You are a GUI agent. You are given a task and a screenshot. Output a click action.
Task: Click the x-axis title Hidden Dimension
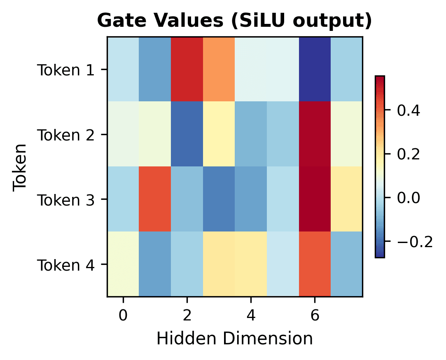click(x=234, y=339)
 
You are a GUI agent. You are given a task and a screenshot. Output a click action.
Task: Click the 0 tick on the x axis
click(x=123, y=316)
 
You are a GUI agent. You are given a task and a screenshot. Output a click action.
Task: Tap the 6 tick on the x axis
click(x=315, y=316)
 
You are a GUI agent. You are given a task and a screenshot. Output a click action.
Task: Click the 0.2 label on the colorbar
click(x=409, y=154)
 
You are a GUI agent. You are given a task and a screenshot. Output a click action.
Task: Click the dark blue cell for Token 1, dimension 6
click(x=315, y=69)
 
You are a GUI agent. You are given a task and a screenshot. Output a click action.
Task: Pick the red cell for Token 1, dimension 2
click(x=187, y=69)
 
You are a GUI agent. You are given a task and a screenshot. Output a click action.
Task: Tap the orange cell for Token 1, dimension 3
click(x=219, y=69)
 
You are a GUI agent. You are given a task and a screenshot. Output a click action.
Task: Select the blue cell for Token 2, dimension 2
click(x=187, y=134)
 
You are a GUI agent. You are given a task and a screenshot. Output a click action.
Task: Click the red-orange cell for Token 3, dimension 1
click(x=155, y=199)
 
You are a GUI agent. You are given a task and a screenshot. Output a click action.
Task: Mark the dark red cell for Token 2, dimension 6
click(x=315, y=134)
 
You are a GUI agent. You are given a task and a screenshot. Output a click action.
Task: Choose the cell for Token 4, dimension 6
click(x=315, y=264)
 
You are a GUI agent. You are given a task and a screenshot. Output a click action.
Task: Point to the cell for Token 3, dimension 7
click(x=347, y=199)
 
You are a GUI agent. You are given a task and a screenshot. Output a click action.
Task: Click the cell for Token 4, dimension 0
click(x=123, y=264)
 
